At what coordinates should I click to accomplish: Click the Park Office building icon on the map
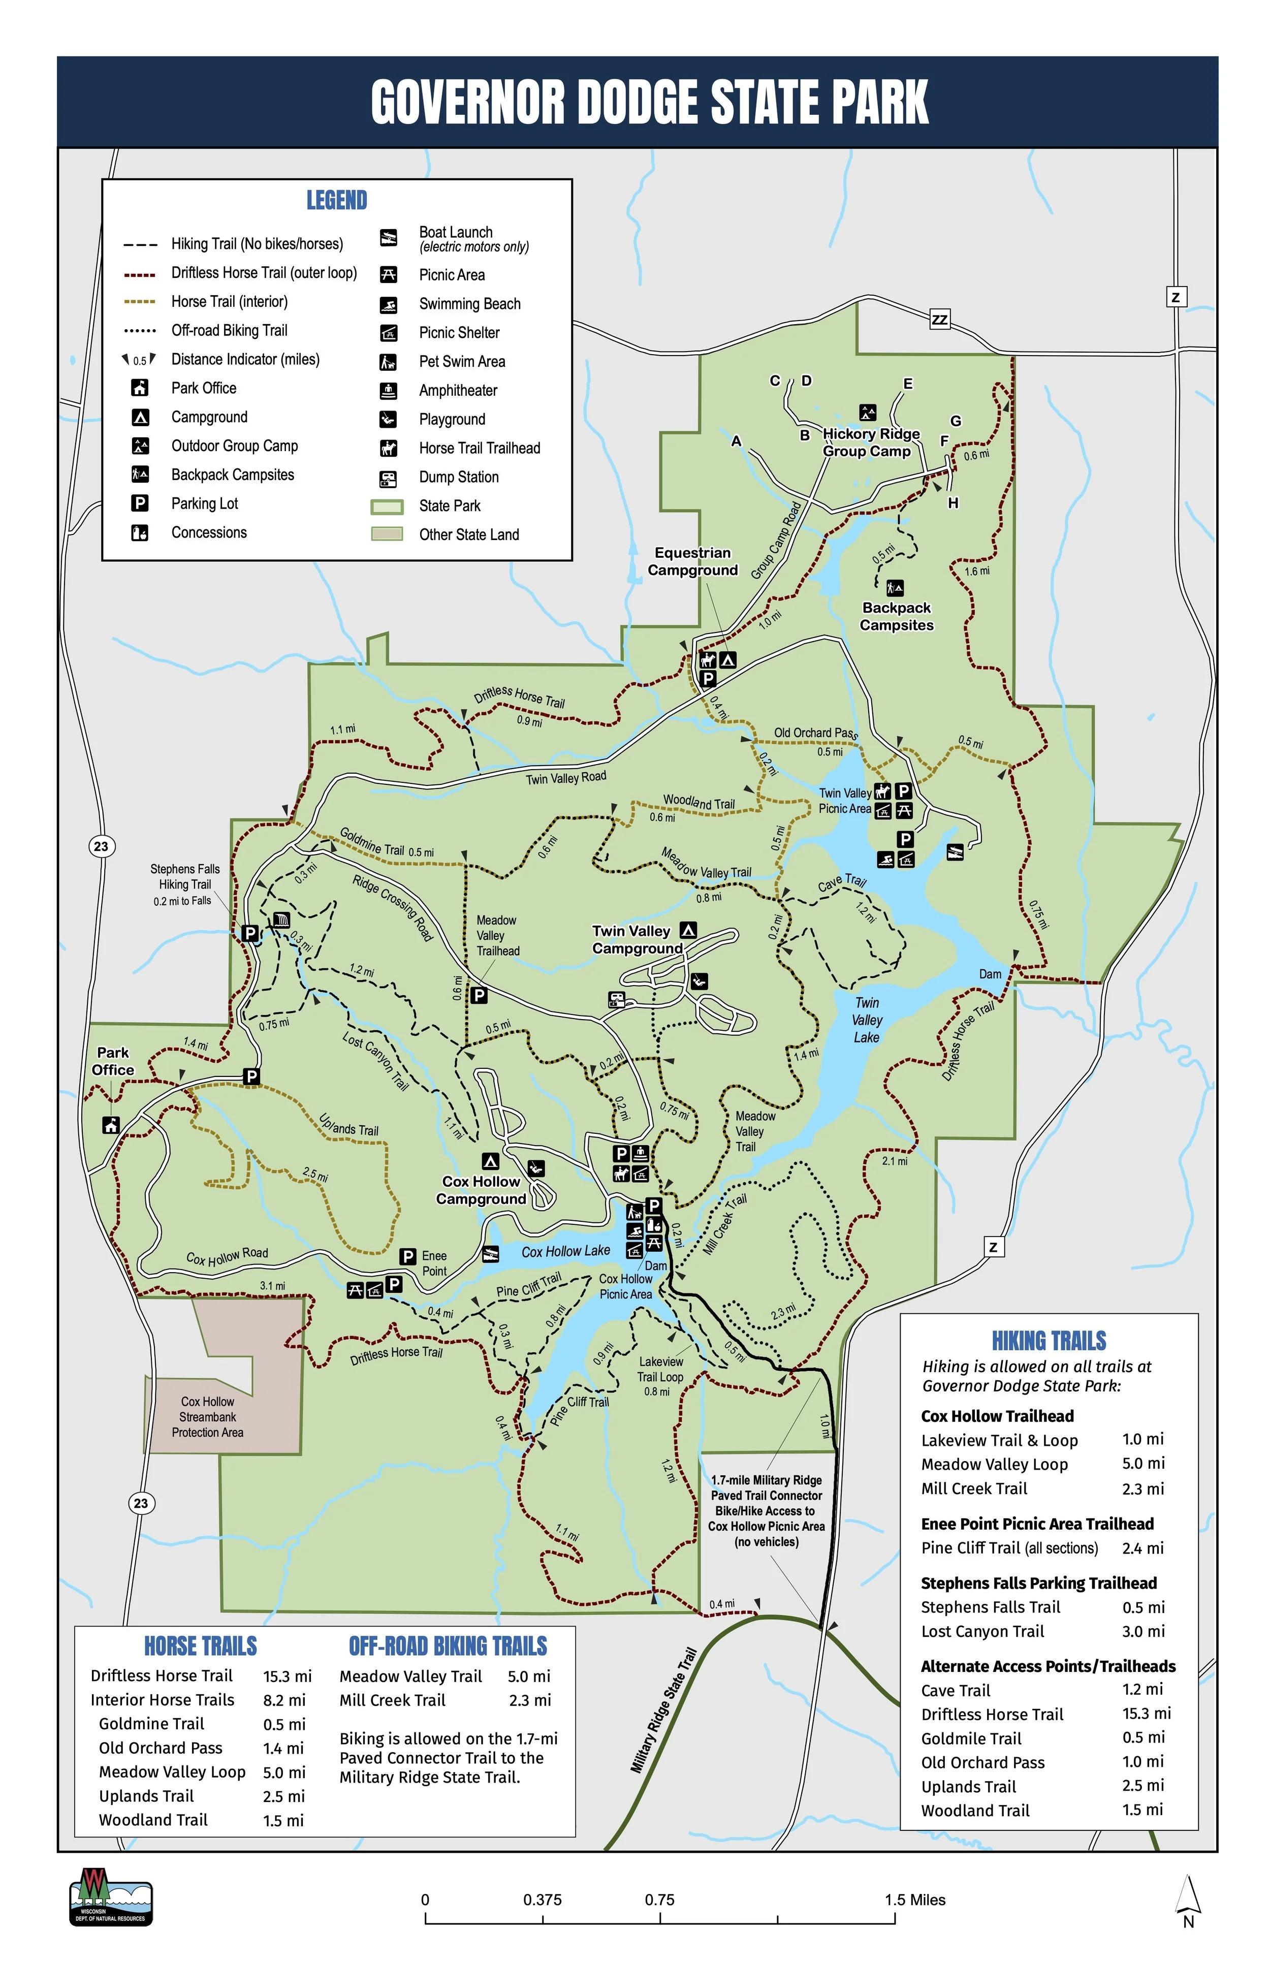(111, 1124)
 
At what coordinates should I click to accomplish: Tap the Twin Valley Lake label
(866, 1020)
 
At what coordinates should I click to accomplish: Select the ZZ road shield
(939, 319)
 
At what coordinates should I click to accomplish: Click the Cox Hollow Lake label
(566, 1251)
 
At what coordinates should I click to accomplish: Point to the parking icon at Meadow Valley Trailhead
(479, 996)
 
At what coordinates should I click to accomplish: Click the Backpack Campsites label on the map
(897, 616)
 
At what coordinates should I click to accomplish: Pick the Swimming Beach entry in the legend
(469, 303)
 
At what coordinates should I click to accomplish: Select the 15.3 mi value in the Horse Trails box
(287, 1676)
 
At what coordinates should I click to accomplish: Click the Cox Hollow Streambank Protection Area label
(208, 1417)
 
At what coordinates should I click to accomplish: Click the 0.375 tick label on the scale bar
(542, 1899)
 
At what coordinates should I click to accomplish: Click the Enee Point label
(434, 1263)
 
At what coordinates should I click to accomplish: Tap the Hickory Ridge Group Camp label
(870, 442)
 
